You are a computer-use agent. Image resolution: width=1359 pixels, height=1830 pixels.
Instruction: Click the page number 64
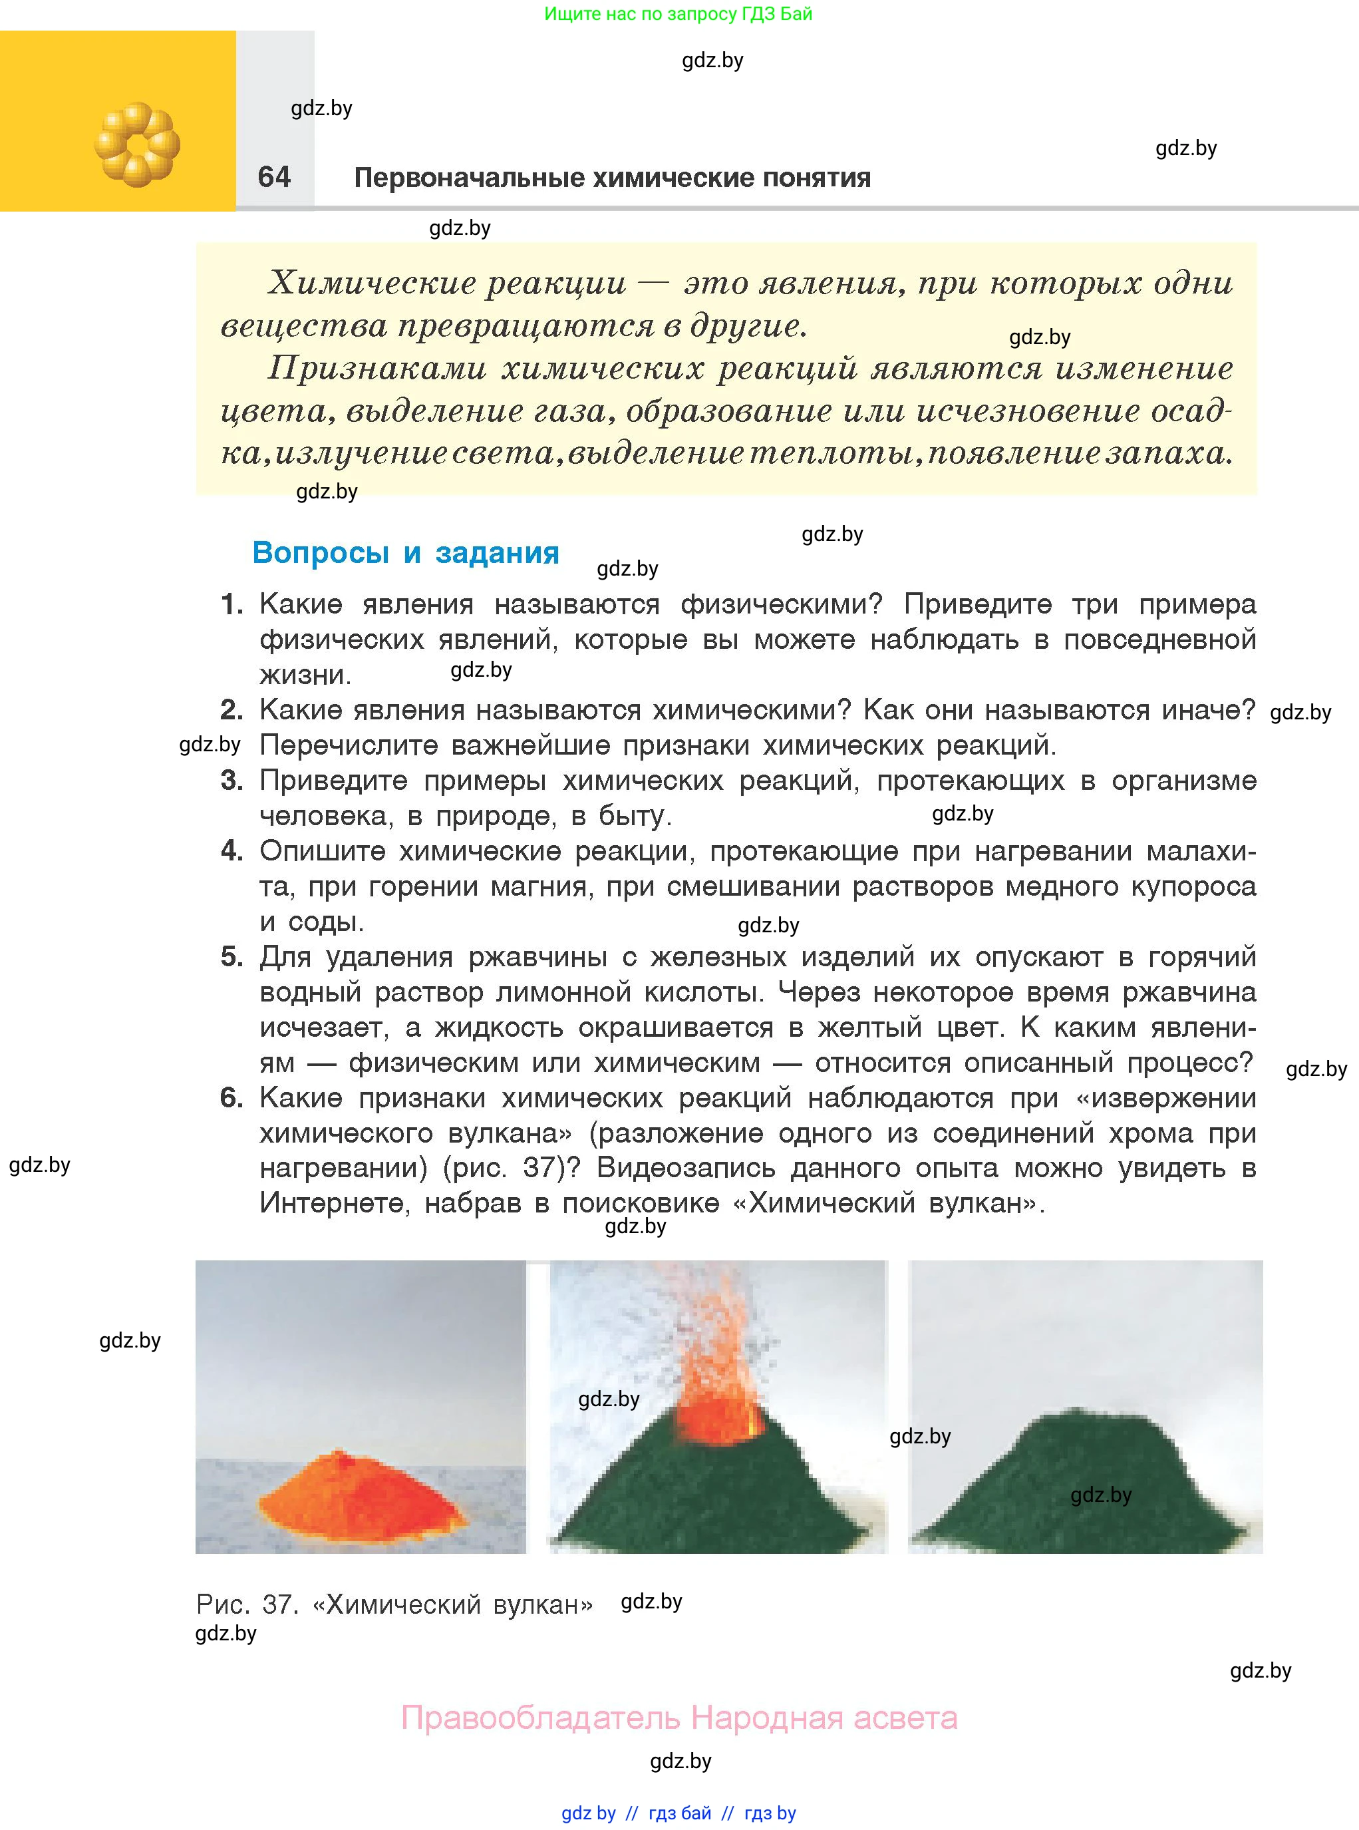tap(274, 177)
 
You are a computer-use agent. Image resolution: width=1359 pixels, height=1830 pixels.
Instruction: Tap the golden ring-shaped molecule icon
tap(136, 145)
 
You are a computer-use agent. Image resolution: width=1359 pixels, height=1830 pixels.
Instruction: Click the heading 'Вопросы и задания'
tap(406, 553)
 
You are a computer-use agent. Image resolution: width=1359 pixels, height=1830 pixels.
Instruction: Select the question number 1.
tap(231, 605)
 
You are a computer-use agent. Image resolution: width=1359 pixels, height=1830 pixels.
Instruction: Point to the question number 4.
tap(231, 851)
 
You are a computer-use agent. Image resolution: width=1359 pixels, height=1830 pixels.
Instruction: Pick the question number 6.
tap(231, 1098)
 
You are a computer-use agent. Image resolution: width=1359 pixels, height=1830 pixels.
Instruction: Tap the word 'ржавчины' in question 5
tap(538, 957)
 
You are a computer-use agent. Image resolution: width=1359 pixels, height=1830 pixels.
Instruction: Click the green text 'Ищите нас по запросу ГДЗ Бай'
tap(678, 14)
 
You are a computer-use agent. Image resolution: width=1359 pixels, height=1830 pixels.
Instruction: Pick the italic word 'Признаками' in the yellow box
tap(377, 368)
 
